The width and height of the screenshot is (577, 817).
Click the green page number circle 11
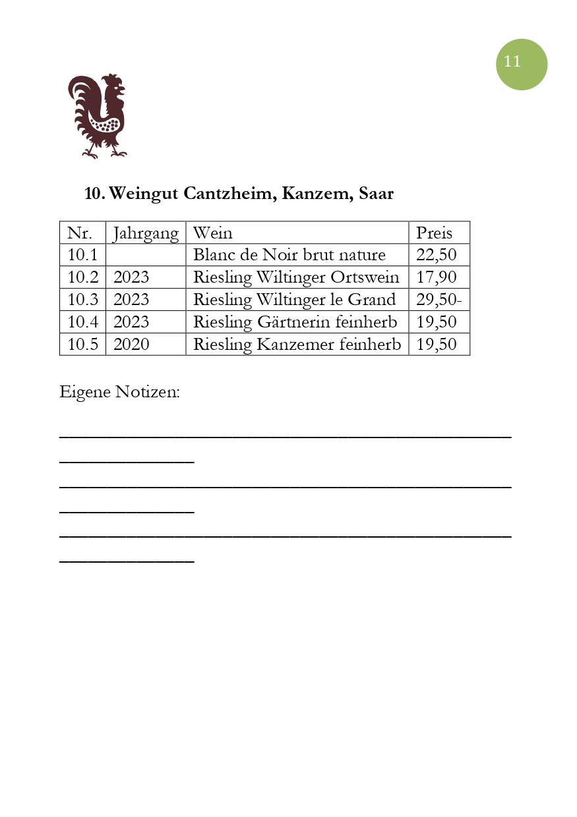point(521,64)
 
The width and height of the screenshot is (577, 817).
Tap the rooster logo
point(98,116)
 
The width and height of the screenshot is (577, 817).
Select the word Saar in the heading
point(376,194)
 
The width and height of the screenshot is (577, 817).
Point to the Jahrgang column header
point(146,233)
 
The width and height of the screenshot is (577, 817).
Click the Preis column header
point(434,233)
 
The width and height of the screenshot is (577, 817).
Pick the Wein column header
point(212,233)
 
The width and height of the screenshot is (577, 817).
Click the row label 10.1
point(82,255)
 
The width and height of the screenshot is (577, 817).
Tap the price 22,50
point(436,255)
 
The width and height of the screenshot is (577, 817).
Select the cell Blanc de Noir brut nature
point(289,255)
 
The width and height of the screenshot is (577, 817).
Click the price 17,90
point(436,277)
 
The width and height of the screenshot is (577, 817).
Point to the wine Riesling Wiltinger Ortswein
point(295,277)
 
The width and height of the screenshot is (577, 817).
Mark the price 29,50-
point(439,300)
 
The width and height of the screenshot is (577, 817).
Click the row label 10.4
point(82,322)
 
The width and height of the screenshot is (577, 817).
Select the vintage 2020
point(131,345)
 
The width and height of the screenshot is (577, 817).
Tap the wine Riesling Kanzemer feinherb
point(297,345)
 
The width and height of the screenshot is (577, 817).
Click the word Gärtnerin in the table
point(291,322)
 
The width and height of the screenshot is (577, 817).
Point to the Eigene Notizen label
point(119,392)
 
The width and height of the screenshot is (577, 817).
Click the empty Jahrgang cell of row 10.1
point(146,255)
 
